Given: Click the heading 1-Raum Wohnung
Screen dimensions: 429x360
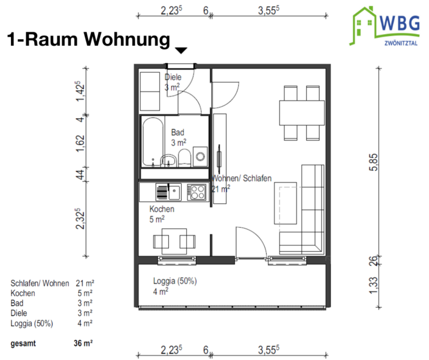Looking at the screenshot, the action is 88,40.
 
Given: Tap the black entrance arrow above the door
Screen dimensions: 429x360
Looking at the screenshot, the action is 182,51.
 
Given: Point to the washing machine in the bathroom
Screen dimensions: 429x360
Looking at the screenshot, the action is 200,155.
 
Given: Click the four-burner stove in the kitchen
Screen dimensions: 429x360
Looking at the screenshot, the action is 197,192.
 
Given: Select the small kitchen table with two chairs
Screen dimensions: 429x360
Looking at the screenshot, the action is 170,241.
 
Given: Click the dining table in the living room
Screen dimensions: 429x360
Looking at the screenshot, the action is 301,112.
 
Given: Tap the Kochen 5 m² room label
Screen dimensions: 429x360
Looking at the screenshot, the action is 162,214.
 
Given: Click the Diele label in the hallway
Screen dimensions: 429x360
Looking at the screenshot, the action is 173,77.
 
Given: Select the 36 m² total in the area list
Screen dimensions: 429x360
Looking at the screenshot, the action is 83,344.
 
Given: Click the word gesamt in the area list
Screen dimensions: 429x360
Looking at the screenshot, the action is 23,344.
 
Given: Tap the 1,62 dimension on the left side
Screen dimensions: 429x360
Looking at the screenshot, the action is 79,143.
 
